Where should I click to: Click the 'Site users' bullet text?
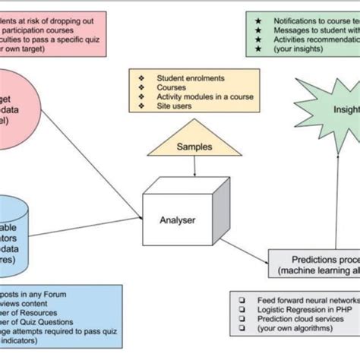point(174,106)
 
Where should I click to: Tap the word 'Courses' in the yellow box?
point(172,87)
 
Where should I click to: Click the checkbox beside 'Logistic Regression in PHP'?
point(241,311)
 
